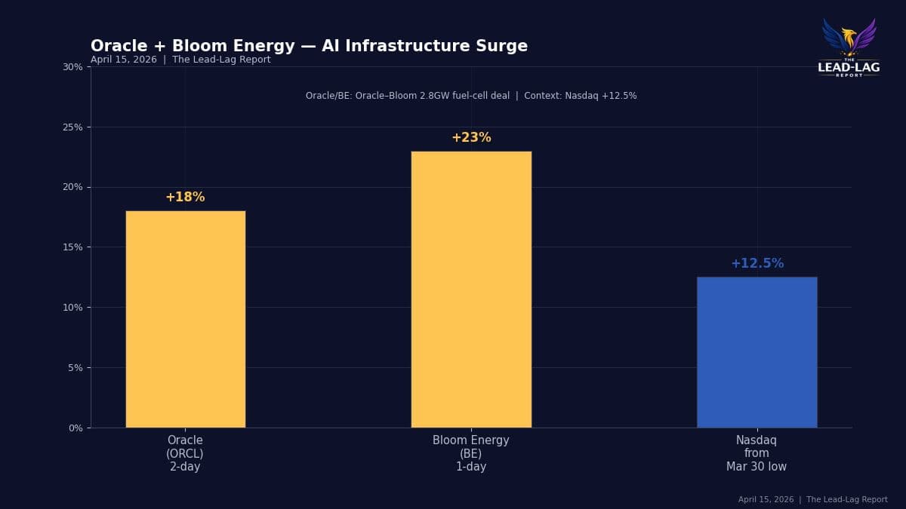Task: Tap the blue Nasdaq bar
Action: pyautogui.click(x=757, y=352)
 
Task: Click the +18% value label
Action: pyautogui.click(x=185, y=198)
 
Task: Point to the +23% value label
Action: pyautogui.click(x=471, y=138)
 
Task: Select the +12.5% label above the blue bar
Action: pyautogui.click(x=757, y=264)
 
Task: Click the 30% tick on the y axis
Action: pyautogui.click(x=72, y=67)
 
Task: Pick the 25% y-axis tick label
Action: pyautogui.click(x=72, y=127)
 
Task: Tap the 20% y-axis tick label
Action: pyautogui.click(x=72, y=187)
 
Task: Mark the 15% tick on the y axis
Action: pyautogui.click(x=72, y=247)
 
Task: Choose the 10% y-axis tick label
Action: pyautogui.click(x=72, y=308)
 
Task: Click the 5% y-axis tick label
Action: pyautogui.click(x=75, y=368)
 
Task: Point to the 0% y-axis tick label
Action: pyautogui.click(x=75, y=428)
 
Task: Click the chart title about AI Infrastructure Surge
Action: pyautogui.click(x=309, y=47)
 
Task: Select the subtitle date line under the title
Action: pyautogui.click(x=180, y=60)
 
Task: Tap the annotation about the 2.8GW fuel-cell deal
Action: pyautogui.click(x=471, y=96)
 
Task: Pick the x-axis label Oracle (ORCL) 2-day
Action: pyautogui.click(x=185, y=453)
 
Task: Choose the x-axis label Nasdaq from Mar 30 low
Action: pyautogui.click(x=757, y=453)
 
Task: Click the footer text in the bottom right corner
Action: pyautogui.click(x=812, y=500)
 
